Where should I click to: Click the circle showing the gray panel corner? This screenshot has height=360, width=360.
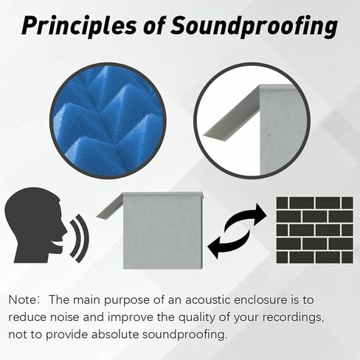251,120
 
